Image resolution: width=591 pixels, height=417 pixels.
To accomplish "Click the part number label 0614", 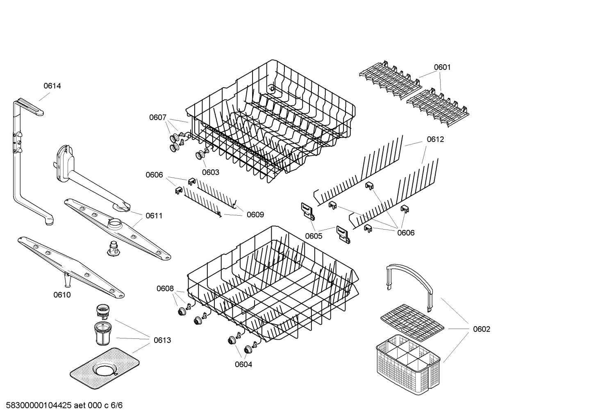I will click(x=52, y=86).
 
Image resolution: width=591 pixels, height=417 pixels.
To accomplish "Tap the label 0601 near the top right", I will click(x=442, y=67).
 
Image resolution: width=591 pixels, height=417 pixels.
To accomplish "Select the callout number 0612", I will click(x=435, y=140).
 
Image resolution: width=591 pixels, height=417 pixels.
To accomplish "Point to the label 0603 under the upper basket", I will click(x=210, y=172).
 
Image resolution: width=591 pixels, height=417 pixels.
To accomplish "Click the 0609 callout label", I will click(x=255, y=214).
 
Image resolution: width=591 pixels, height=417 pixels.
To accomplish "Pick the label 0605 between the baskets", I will click(x=314, y=236).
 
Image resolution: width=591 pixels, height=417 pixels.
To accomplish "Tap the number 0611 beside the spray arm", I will click(x=154, y=216).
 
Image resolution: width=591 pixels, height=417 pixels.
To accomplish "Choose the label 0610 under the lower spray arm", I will click(x=62, y=295).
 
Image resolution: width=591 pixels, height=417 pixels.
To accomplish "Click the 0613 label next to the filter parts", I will click(x=162, y=340).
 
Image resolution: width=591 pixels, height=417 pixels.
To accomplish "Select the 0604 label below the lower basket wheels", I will click(x=243, y=365).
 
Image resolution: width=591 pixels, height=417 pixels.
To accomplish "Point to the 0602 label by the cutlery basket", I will click(x=481, y=329).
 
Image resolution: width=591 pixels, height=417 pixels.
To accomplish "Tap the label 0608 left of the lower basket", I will click(x=165, y=289).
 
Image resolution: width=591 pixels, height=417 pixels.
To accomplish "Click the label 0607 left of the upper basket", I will click(x=158, y=117).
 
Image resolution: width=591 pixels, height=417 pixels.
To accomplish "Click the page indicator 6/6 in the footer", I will click(x=117, y=406).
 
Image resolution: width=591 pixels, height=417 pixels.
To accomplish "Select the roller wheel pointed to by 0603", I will click(x=201, y=155).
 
